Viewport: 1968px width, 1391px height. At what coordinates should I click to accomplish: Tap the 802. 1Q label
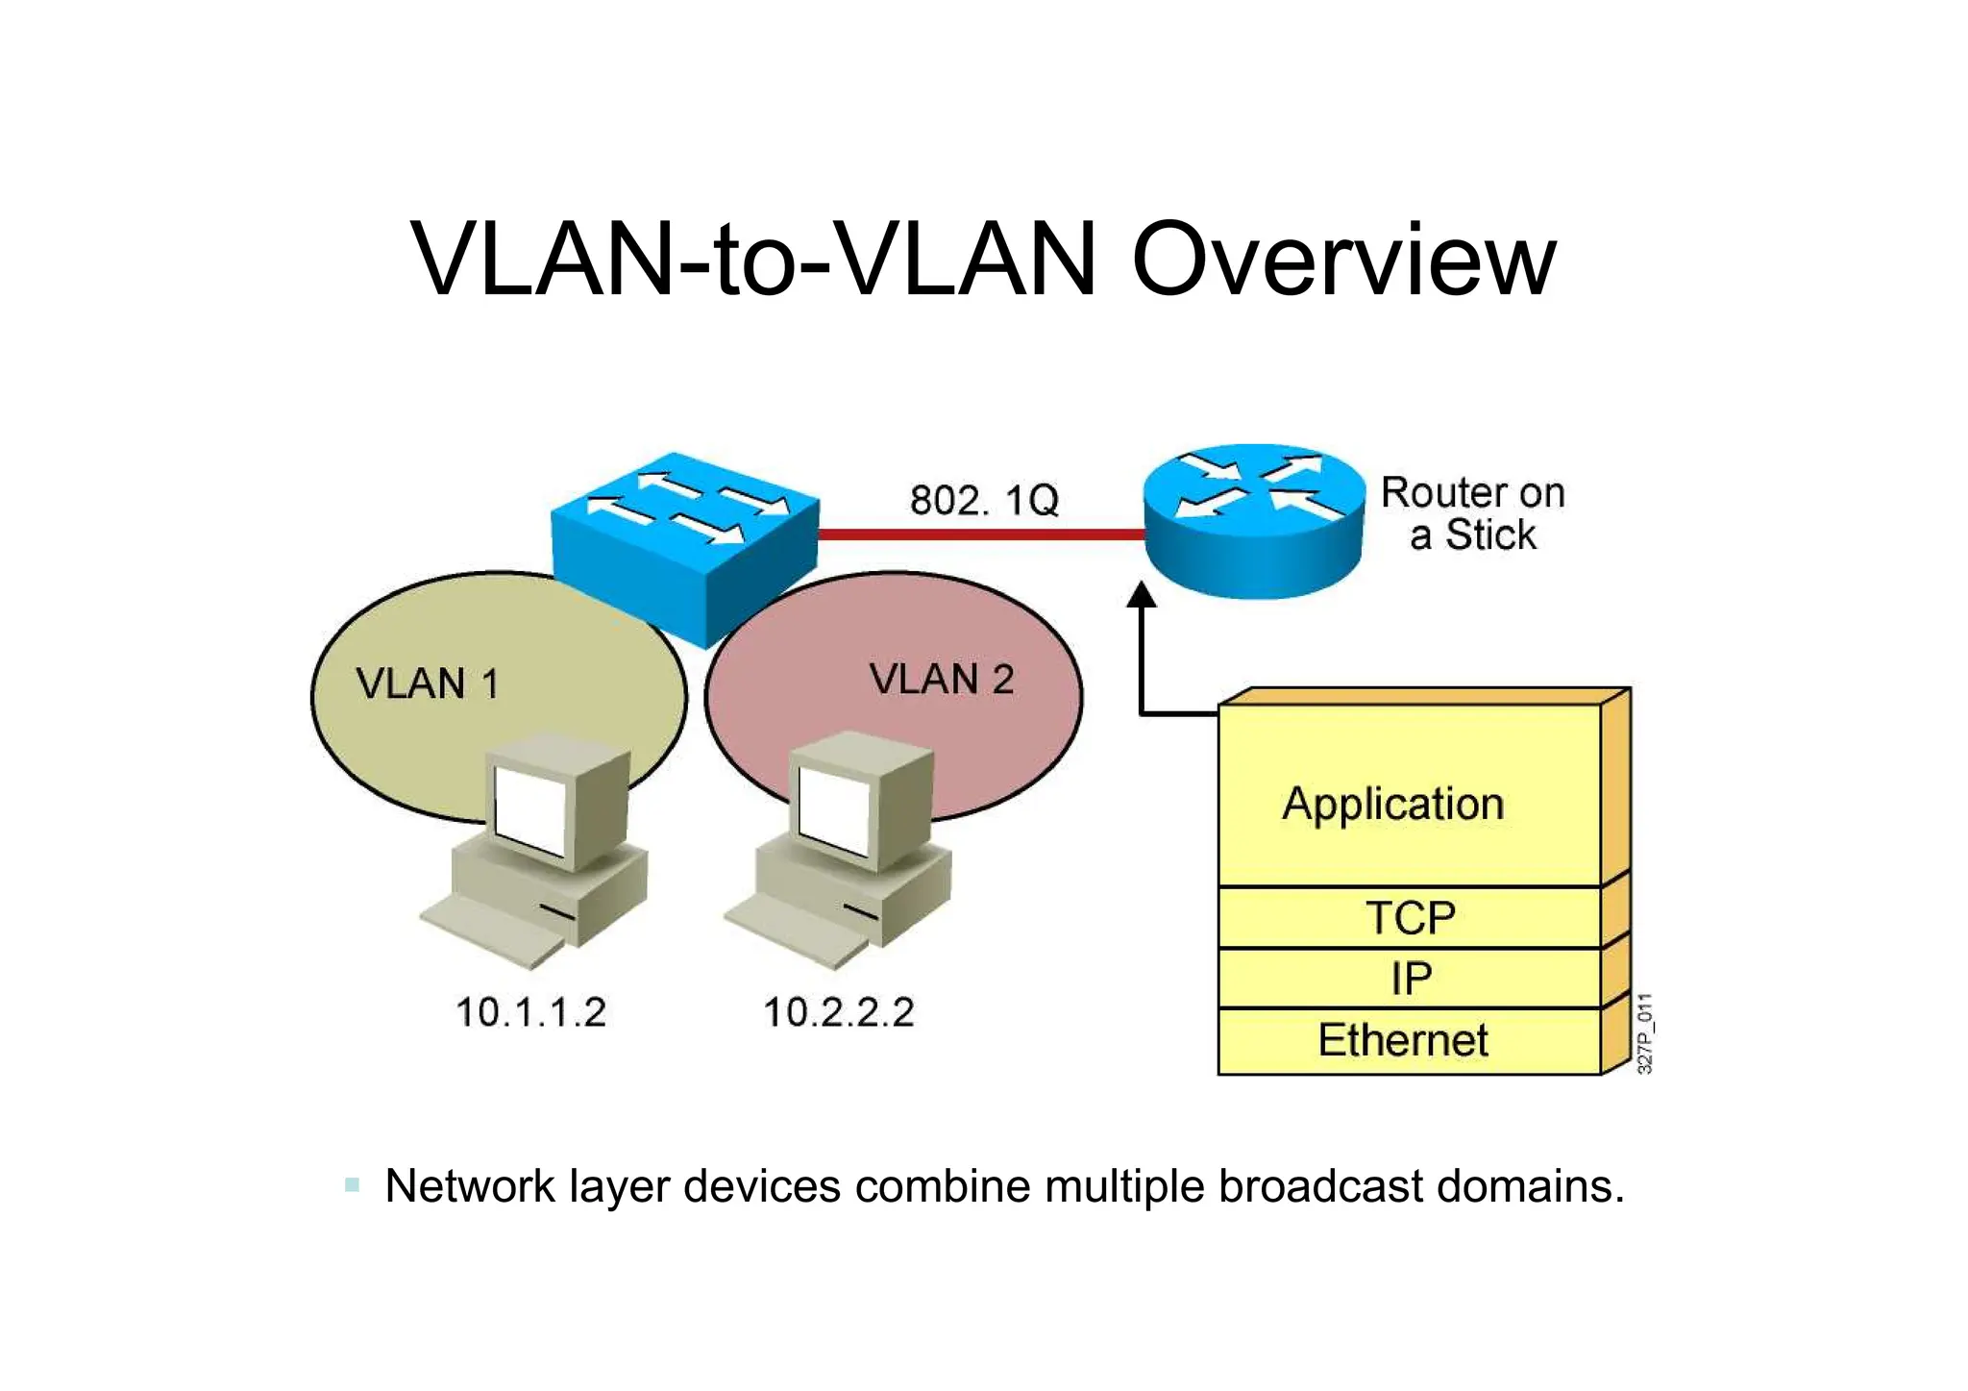pos(984,501)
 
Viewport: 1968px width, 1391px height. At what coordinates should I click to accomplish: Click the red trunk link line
pos(980,534)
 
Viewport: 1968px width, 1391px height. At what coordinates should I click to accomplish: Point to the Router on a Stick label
pos(1472,514)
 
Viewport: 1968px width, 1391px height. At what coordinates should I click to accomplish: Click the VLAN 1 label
pos(427,684)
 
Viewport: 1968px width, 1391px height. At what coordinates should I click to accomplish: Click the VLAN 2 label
pos(942,680)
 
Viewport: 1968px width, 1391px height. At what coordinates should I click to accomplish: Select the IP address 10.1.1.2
pos(530,1012)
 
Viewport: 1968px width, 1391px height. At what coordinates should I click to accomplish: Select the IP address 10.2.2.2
pos(838,1012)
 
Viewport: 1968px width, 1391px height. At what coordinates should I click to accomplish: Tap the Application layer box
pos(1393,804)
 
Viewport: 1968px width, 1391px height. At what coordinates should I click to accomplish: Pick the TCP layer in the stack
pos(1410,917)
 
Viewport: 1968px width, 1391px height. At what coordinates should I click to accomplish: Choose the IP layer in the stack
pos(1410,979)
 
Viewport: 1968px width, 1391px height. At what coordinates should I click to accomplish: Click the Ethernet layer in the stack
pos(1403,1040)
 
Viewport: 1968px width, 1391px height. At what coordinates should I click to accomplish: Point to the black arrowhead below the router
pos(1142,595)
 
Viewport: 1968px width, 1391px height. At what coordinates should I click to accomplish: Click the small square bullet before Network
pos(352,1185)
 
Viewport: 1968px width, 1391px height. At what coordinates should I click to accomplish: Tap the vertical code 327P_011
pos(1644,1033)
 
